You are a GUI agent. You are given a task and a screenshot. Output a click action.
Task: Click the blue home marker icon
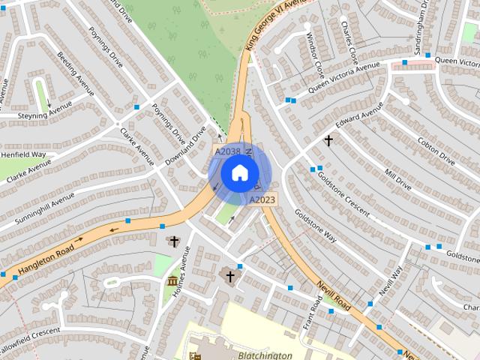click(x=239, y=173)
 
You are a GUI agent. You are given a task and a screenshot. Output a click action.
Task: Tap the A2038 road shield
click(x=228, y=151)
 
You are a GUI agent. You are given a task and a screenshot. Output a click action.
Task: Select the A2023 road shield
click(x=262, y=199)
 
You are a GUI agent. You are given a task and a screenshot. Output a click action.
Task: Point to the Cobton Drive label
click(x=436, y=151)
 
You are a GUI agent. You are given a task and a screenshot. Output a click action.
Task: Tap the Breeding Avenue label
click(x=76, y=73)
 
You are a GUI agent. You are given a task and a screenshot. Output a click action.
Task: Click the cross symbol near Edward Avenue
click(x=328, y=140)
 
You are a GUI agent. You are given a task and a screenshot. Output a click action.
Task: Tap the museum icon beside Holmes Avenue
click(x=173, y=282)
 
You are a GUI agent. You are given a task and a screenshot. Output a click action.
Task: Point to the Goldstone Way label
click(x=316, y=225)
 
